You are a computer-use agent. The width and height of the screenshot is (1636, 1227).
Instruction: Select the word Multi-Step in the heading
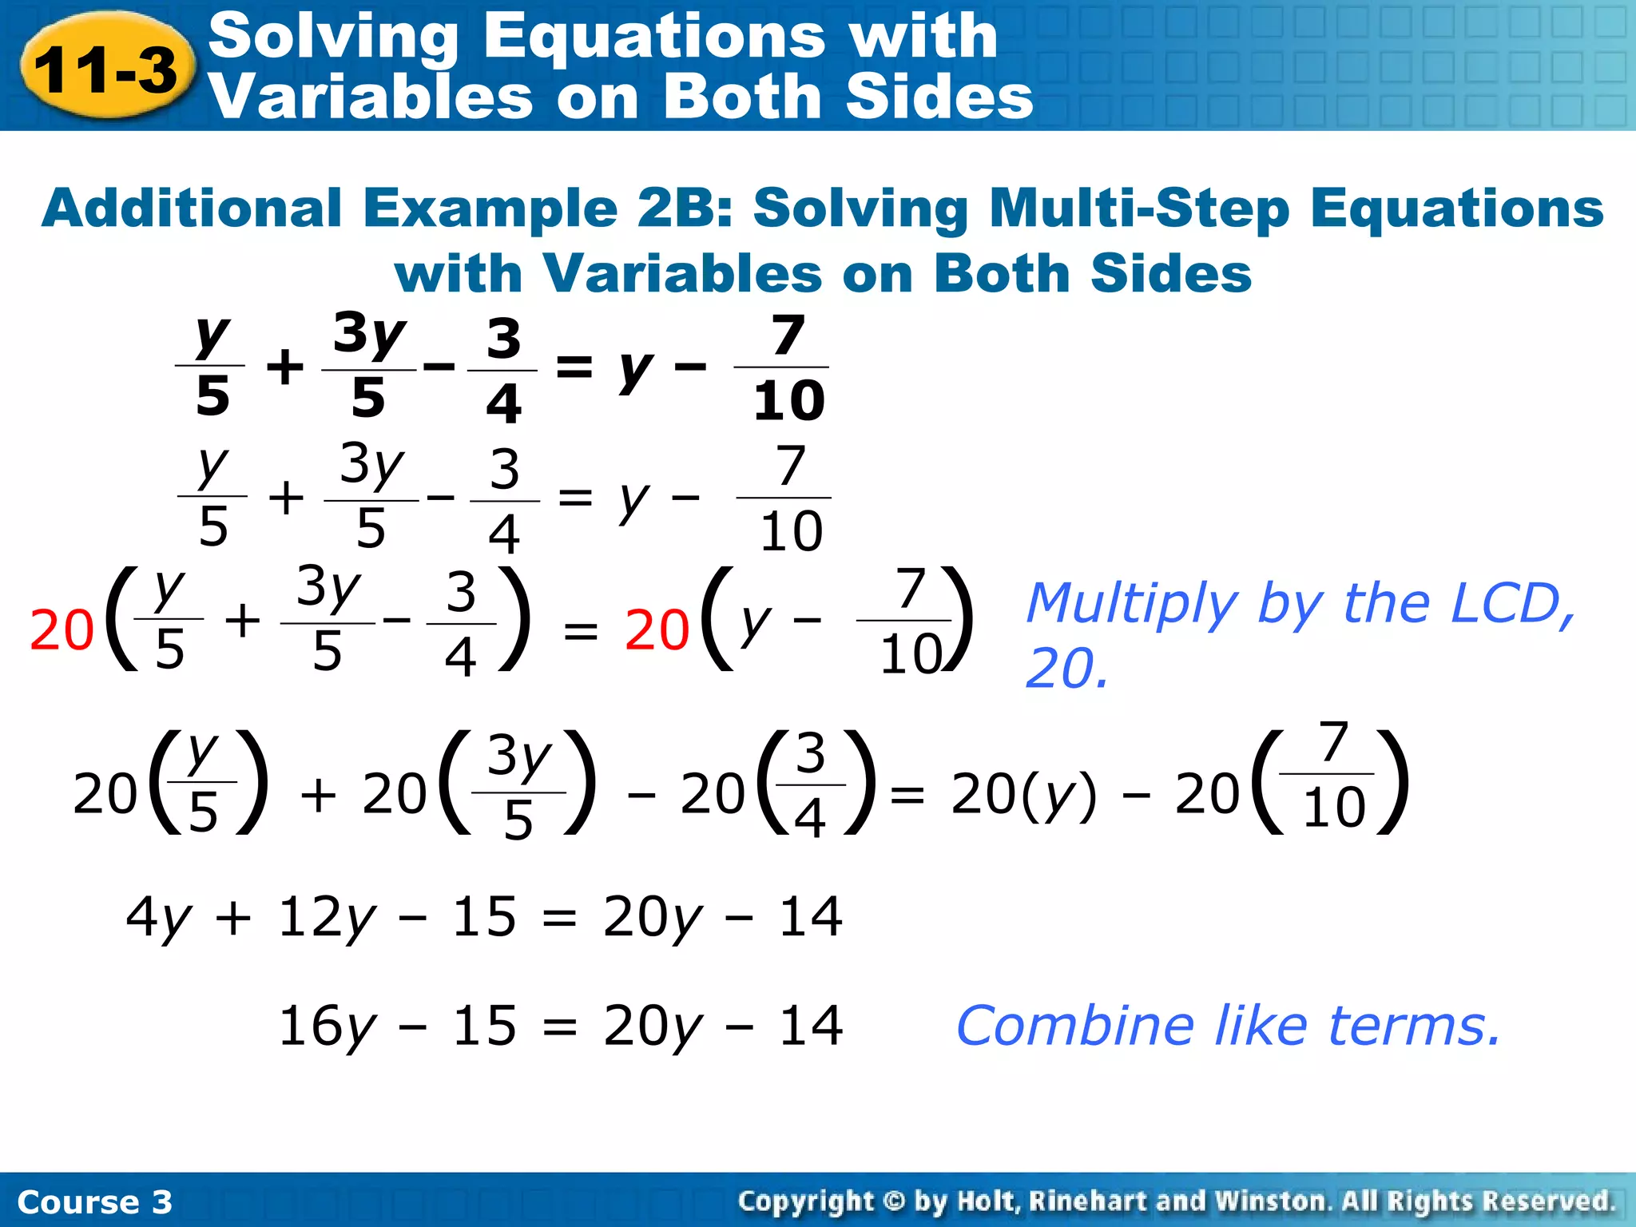1139,208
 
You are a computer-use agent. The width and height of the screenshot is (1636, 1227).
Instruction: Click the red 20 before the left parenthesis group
62,630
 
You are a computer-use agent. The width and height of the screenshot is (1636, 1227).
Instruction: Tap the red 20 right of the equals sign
657,630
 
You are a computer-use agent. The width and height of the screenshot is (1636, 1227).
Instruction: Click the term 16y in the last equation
326,1027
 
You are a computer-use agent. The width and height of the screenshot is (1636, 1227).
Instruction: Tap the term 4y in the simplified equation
158,918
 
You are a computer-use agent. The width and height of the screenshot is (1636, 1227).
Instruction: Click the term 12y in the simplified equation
326,918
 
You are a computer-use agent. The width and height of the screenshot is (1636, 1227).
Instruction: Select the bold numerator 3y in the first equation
369,334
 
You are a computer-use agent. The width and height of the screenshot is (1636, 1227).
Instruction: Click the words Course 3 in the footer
94,1201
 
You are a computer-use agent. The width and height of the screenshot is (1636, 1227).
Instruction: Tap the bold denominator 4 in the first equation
503,403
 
